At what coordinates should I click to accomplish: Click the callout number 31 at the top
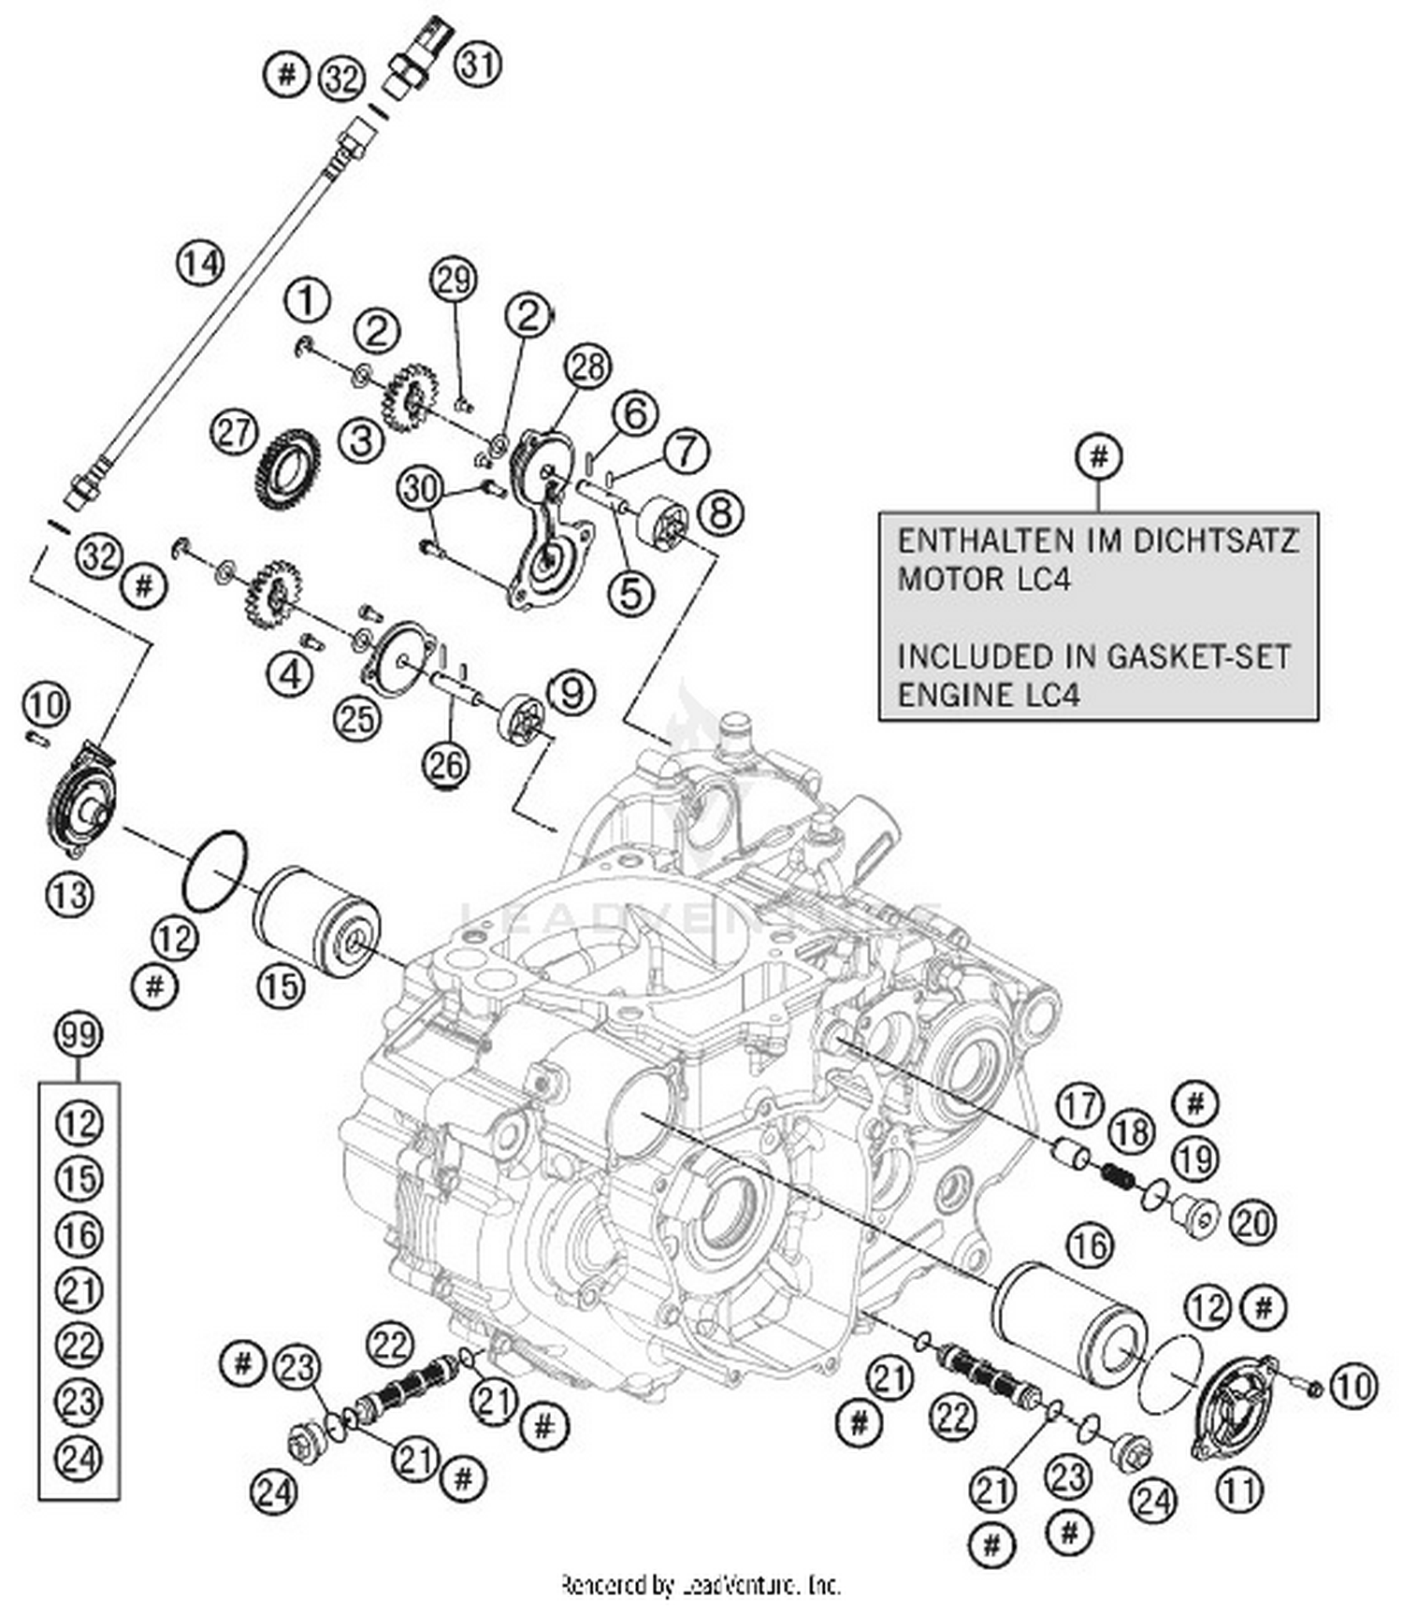click(478, 65)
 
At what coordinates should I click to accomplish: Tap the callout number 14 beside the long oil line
click(201, 265)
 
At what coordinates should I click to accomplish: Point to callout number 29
click(454, 279)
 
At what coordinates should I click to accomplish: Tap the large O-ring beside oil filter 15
click(215, 870)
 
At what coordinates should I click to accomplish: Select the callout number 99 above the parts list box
click(79, 1035)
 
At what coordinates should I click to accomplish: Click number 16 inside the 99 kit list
click(79, 1234)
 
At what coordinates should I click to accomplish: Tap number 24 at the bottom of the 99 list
click(79, 1458)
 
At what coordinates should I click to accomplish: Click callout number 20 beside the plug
click(1253, 1221)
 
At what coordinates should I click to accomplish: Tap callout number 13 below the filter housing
click(70, 895)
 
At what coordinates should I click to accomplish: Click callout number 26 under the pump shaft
click(446, 765)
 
